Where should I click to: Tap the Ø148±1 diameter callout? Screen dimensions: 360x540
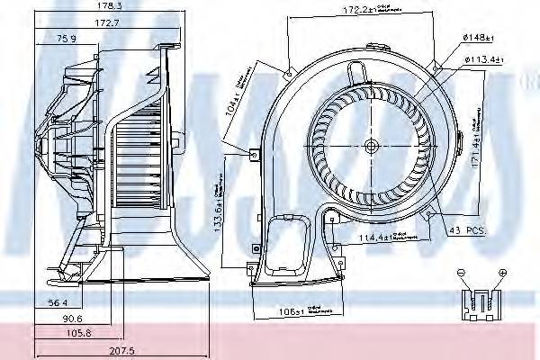click(476, 37)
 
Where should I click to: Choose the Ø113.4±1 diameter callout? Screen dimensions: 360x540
click(482, 61)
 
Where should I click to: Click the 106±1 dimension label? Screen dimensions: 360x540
click(289, 312)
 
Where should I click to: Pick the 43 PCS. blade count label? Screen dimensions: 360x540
click(467, 231)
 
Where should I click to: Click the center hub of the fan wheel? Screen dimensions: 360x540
click(372, 146)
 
